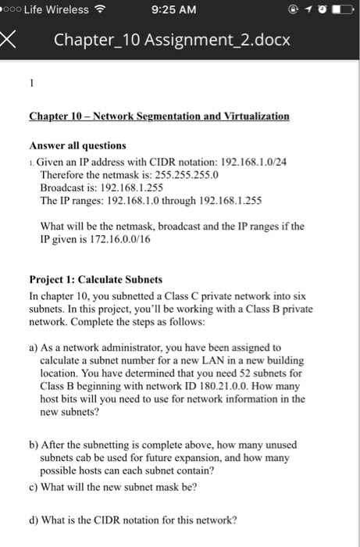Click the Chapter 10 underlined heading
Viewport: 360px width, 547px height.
[159, 116]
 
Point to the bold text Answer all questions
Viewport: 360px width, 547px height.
[77, 145]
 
